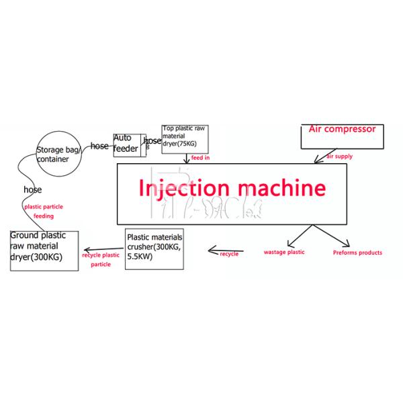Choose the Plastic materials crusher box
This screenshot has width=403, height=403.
(x=154, y=249)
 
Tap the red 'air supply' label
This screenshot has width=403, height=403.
(x=339, y=156)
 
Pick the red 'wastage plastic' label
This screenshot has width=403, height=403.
(x=283, y=253)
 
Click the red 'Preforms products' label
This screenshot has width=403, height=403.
(x=357, y=253)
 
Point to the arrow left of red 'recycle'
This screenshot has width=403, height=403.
(x=216, y=253)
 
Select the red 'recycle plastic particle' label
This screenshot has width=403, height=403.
(x=97, y=260)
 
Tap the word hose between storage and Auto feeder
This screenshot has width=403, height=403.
(x=99, y=146)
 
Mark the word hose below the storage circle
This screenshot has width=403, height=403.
(x=32, y=190)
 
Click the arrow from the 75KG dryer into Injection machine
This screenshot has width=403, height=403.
(x=186, y=159)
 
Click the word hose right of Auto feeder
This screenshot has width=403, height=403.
(x=153, y=141)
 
